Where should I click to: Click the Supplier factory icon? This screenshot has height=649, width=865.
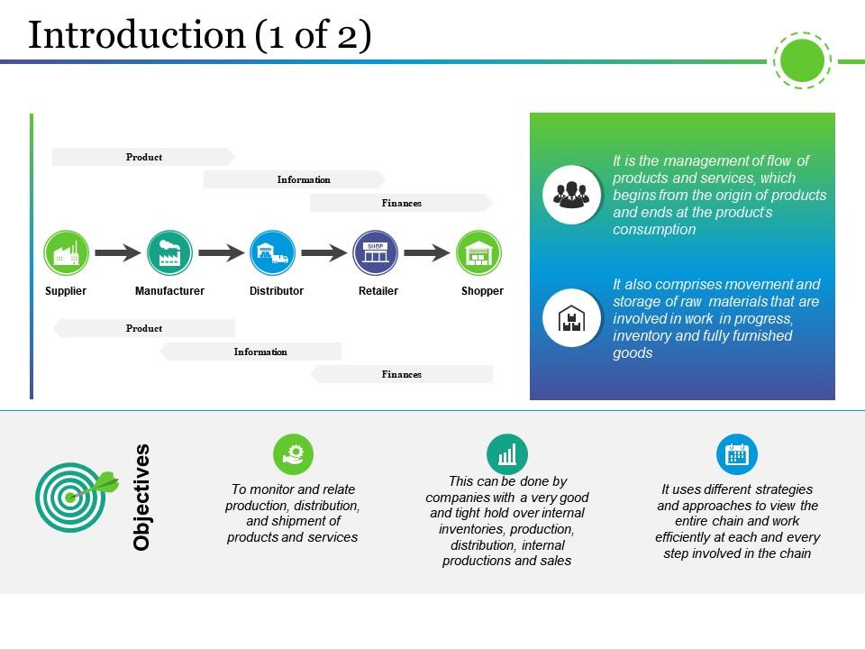[66, 253]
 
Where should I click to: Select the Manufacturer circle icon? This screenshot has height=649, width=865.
[169, 253]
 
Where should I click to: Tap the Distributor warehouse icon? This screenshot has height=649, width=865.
[272, 253]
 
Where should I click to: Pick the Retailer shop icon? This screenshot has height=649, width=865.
[376, 253]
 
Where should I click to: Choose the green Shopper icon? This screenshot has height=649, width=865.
[478, 253]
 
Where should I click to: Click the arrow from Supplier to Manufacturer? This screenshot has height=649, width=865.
[118, 253]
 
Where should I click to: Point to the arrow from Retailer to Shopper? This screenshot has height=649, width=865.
[426, 253]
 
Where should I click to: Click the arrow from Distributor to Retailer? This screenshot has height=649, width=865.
[323, 253]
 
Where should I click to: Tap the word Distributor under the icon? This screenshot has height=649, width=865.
[277, 291]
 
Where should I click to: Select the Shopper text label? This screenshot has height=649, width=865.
[482, 291]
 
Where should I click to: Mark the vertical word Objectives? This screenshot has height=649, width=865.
[141, 497]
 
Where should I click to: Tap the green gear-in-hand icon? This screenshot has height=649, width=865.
[293, 454]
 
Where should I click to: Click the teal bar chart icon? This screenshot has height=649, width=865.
[507, 454]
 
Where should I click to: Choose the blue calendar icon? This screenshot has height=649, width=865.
[737, 454]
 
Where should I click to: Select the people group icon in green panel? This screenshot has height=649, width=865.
[572, 194]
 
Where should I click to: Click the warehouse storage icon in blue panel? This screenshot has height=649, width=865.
[572, 318]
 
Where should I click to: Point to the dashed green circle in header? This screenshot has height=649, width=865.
[801, 60]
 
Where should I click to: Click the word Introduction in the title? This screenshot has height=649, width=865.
[137, 35]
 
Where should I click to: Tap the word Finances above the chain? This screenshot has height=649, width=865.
[402, 204]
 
